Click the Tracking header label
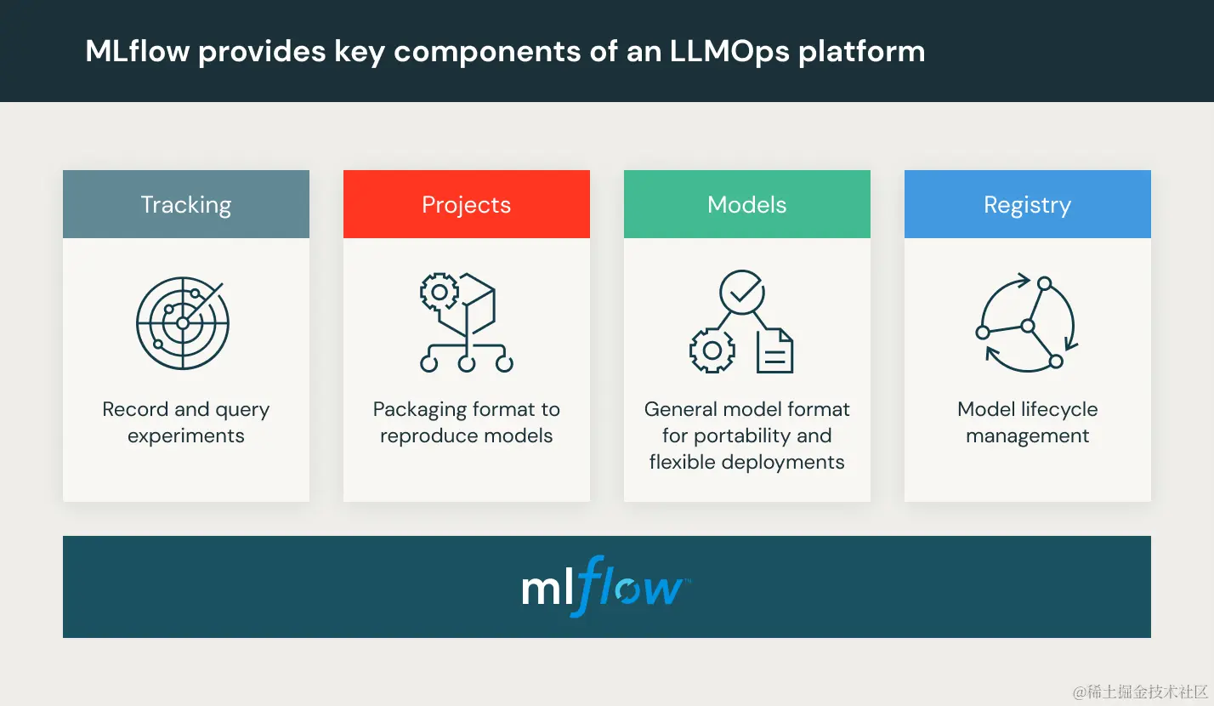tap(185, 205)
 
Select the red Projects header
tap(466, 205)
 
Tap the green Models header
tap(746, 205)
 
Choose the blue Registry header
tap(1027, 205)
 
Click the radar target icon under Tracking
tap(184, 323)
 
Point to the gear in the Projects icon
tap(440, 293)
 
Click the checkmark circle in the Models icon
tap(742, 292)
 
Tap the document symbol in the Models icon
tap(774, 351)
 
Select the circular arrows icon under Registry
tap(1027, 323)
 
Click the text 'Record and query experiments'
tap(185, 422)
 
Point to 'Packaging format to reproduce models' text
tap(466, 422)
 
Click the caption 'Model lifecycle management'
tap(1027, 422)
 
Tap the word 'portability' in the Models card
tap(747, 436)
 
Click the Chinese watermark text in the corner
tap(1139, 692)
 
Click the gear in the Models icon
tap(712, 350)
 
